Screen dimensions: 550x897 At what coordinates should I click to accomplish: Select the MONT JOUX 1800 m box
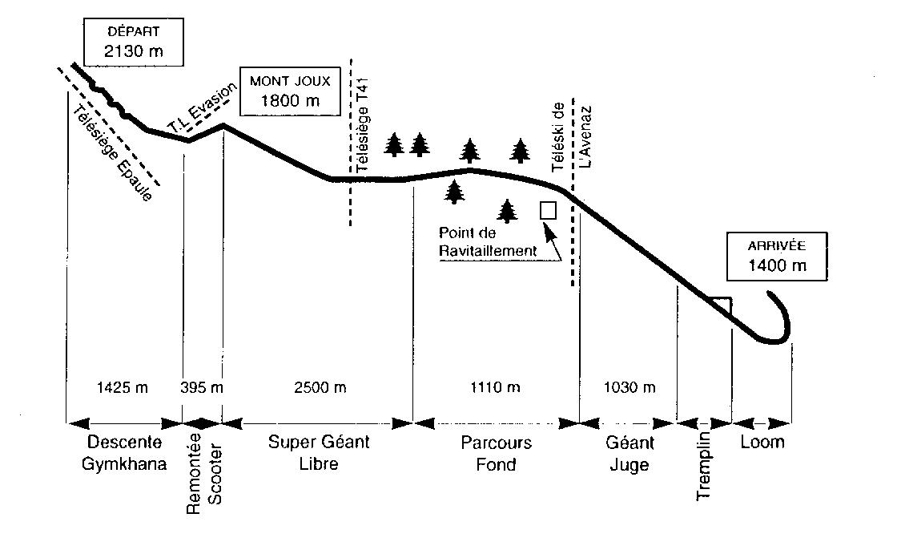point(289,91)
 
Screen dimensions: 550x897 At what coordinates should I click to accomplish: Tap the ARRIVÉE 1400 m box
point(776,257)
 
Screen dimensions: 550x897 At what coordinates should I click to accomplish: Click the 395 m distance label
point(203,388)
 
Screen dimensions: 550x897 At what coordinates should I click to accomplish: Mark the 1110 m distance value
point(493,388)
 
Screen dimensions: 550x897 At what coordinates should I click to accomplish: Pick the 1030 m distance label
point(629,388)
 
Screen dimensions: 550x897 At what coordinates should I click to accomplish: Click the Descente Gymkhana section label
point(124,454)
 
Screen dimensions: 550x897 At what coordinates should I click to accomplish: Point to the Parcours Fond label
point(496,454)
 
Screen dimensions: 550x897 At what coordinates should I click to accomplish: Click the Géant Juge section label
point(630,454)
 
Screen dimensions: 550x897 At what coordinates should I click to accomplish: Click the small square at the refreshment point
point(549,210)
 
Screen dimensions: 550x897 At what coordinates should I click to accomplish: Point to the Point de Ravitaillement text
point(487,242)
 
